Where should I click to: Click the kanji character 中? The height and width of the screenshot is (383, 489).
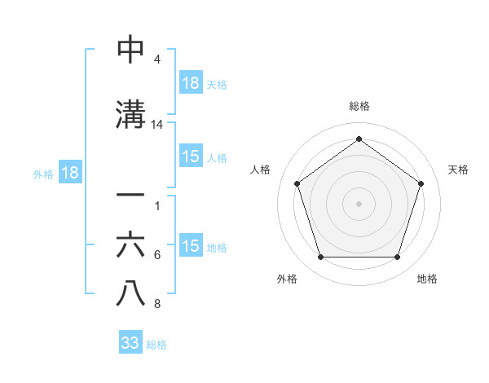coord(130,50)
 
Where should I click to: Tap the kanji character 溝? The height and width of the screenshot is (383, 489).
coord(130,114)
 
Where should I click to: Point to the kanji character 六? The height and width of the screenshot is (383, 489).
coord(130,244)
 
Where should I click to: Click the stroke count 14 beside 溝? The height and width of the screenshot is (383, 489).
coord(157,125)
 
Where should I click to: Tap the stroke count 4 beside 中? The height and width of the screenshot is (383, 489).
coord(157,59)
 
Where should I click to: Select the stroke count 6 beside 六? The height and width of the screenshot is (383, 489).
coord(157,255)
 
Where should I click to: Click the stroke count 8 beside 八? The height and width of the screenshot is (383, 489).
coord(157,304)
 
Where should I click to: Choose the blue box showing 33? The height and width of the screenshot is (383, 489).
coord(130,343)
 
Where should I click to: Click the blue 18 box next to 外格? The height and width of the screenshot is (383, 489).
coord(69,173)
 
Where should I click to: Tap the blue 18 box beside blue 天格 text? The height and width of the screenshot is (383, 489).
coord(191,83)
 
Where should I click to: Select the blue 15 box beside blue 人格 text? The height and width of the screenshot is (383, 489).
coord(191,156)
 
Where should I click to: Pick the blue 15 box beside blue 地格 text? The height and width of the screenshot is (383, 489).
coord(191,246)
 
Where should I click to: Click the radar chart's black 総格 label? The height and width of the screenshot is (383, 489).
coord(359,106)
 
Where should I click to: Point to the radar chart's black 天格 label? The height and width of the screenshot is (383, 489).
coord(458,169)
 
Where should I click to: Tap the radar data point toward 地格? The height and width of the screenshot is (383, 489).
coord(397,258)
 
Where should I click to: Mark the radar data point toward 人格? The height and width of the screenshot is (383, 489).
coord(297,184)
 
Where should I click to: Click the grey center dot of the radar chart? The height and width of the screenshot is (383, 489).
coord(359,203)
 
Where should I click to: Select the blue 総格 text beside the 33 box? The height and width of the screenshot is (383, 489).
coord(156,345)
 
